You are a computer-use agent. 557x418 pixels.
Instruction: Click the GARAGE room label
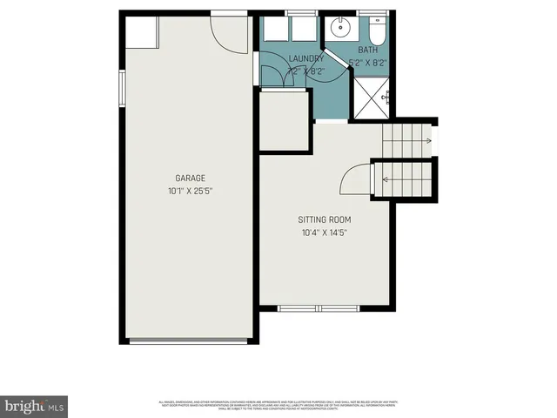190,179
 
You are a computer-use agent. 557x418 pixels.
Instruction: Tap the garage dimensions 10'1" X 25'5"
190,192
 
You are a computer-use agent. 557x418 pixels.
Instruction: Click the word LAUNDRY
305,58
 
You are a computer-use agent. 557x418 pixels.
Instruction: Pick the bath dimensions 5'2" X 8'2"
366,63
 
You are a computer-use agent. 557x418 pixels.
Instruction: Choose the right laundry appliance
305,29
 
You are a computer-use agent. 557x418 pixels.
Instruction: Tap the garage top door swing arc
224,34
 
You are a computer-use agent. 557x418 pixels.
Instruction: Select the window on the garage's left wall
122,86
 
